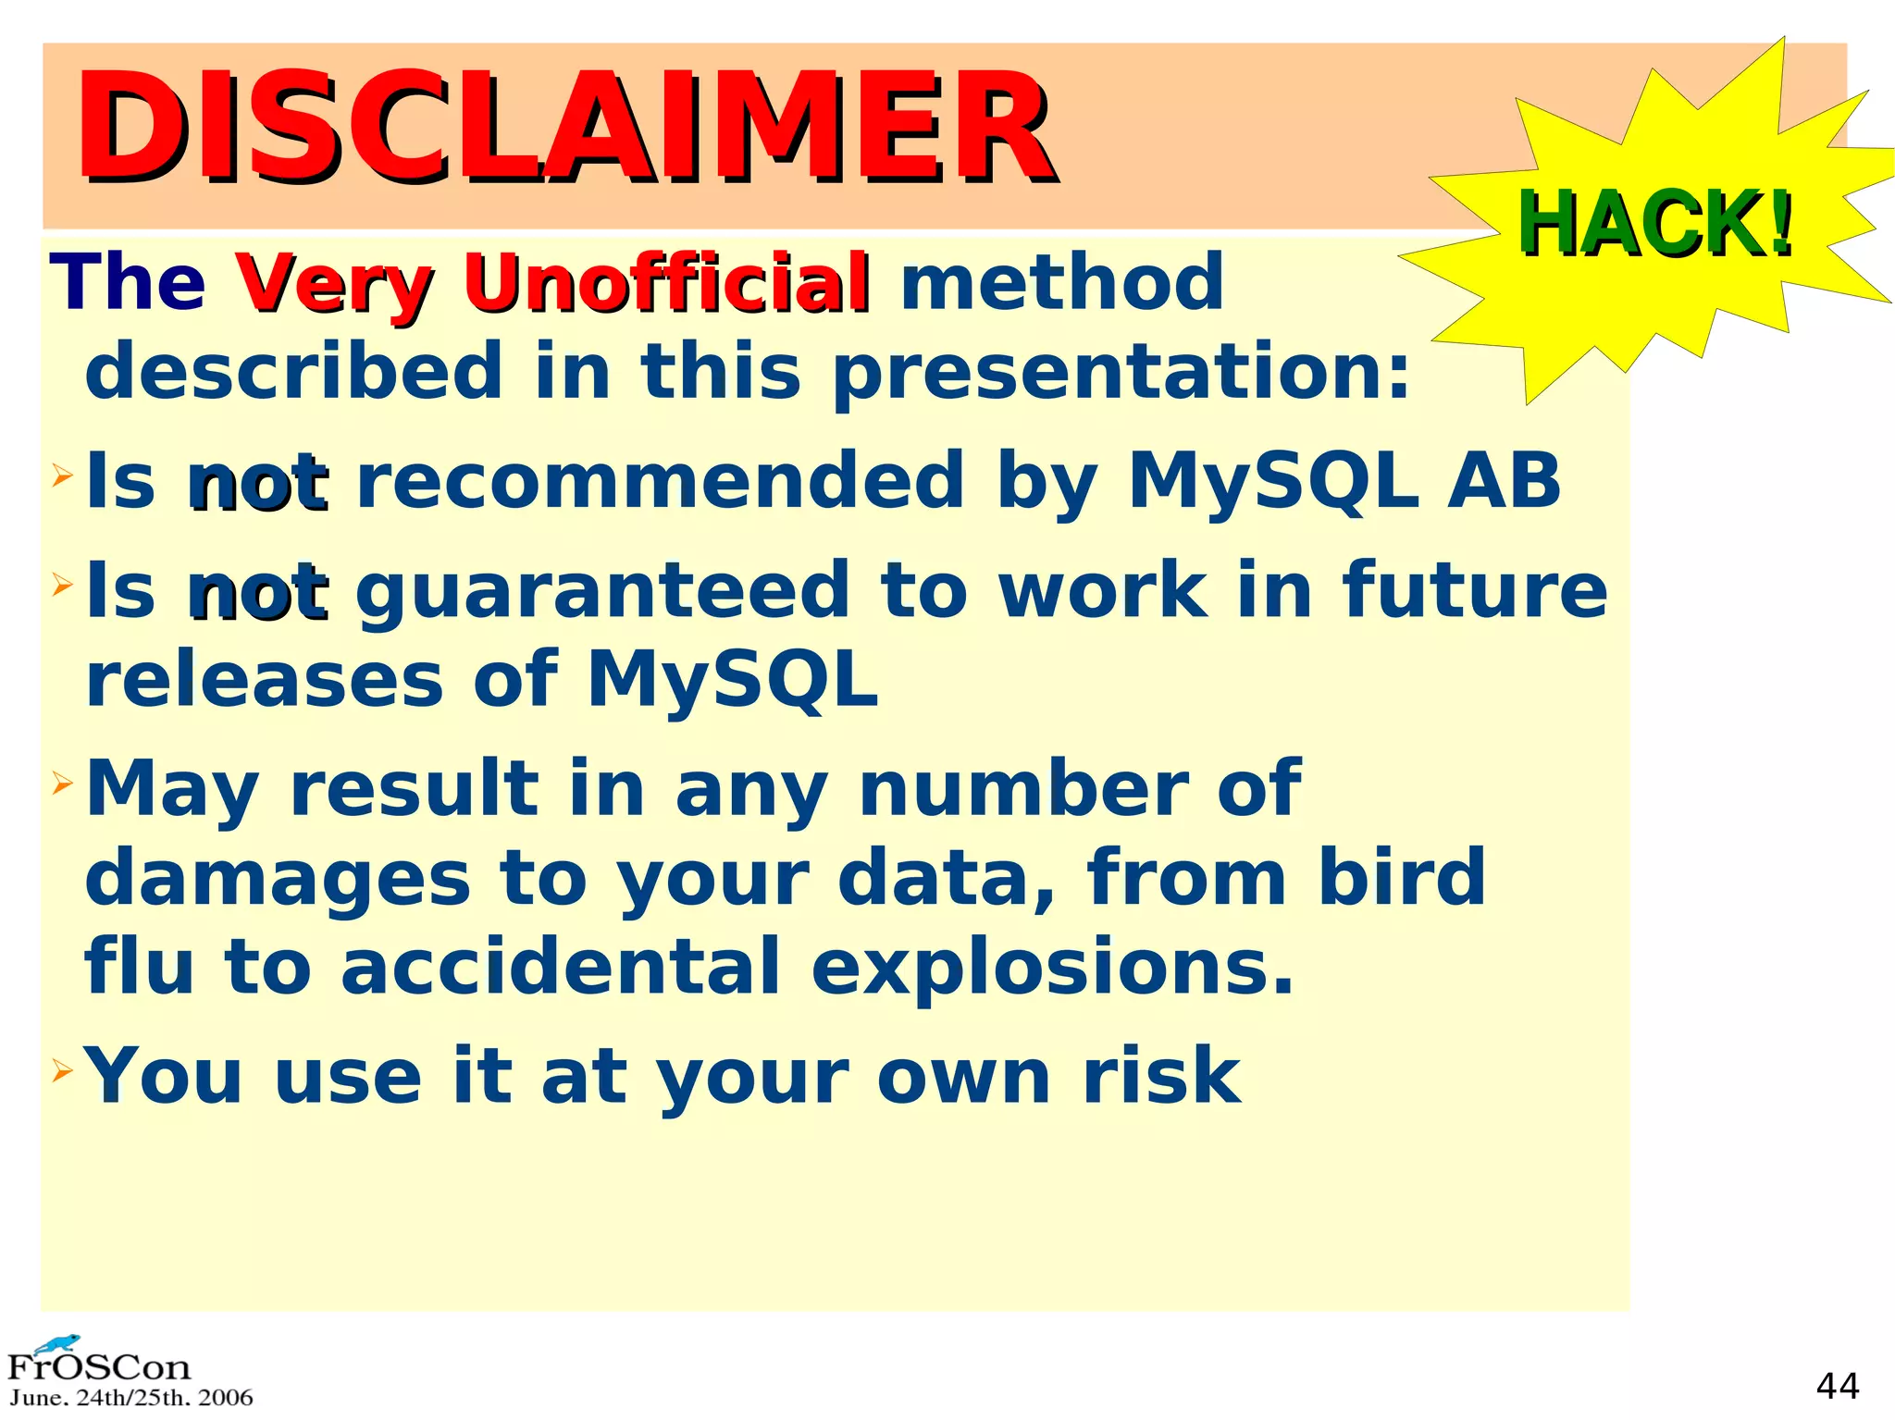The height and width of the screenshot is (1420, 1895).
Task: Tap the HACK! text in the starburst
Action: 1655,224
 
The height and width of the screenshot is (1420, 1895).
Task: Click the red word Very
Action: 334,284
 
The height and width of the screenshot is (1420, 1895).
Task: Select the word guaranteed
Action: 601,590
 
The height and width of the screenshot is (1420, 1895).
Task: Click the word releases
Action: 265,680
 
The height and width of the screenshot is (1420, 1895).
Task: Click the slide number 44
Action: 1837,1386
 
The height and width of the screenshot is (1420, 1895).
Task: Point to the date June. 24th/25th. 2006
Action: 130,1398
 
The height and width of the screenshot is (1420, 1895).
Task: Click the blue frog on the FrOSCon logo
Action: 57,1343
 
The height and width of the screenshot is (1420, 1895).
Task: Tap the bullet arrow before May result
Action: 62,785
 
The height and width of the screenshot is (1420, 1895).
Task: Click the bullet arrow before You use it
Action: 62,1072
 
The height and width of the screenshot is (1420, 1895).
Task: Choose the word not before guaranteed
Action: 259,592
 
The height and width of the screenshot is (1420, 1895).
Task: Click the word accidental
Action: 561,968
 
